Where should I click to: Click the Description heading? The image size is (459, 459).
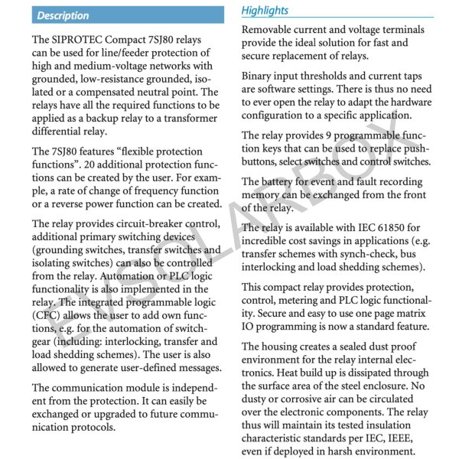(x=63, y=15)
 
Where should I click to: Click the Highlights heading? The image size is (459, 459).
(x=265, y=10)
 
